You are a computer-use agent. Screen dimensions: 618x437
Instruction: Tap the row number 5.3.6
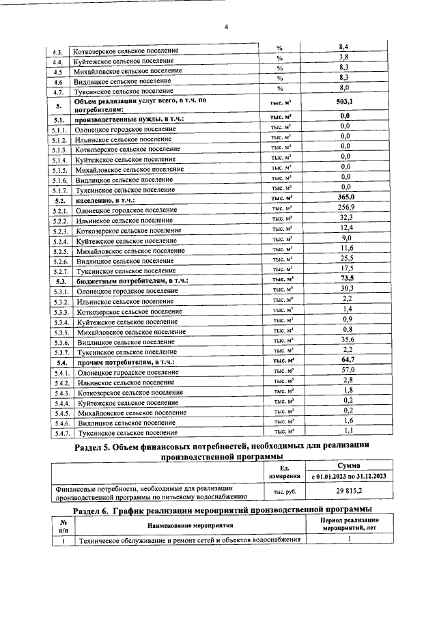60,341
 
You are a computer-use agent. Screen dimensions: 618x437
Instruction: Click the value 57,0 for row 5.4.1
347,369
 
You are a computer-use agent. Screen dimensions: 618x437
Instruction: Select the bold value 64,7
347,359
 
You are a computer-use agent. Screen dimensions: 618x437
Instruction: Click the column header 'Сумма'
348,465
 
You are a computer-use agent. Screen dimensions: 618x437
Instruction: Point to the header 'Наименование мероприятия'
189,526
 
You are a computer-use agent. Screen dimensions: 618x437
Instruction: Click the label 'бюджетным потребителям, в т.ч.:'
131,281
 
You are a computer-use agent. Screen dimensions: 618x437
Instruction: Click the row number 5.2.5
60,251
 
